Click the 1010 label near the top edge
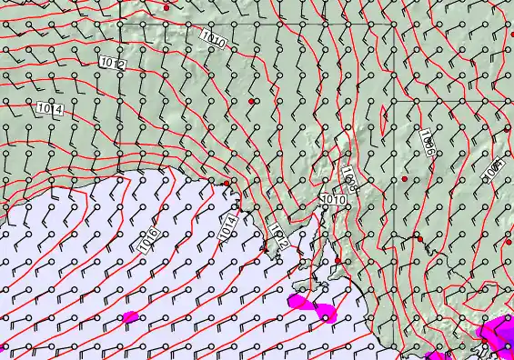214,38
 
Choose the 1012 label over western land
113,64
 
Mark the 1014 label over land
51,109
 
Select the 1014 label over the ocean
227,225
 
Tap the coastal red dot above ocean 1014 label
227,184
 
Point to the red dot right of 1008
405,180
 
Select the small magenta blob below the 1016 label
129,317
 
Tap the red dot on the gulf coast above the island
338,260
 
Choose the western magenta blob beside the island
297,301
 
